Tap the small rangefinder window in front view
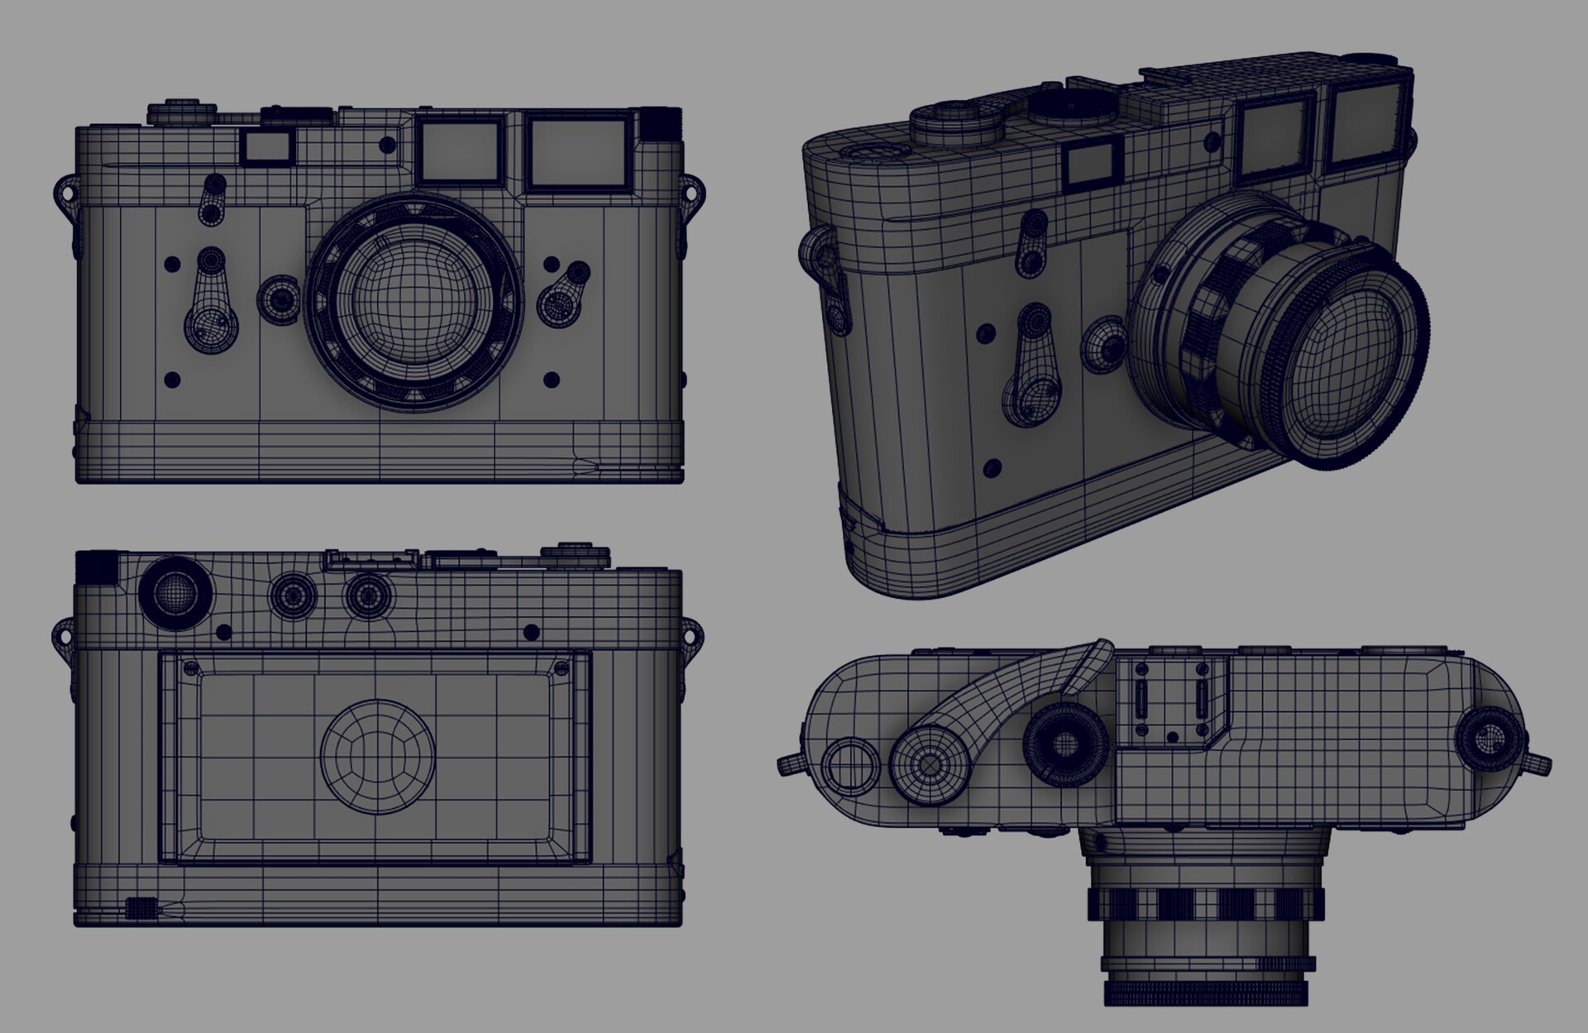(267, 147)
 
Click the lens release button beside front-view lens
(280, 296)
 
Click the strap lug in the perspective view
(815, 249)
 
